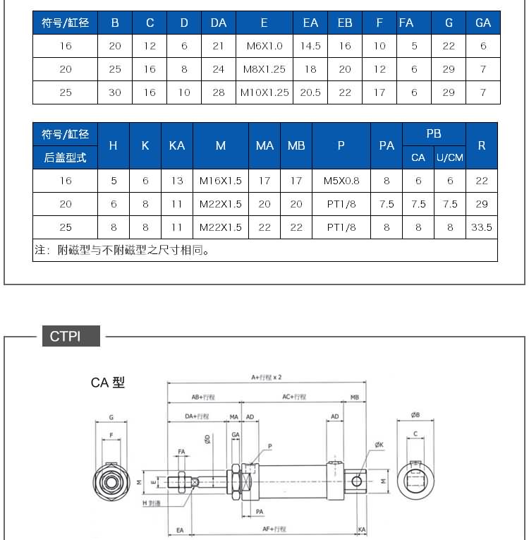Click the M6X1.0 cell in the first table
coord(264,46)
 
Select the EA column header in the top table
coord(310,23)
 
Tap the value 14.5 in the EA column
coord(310,46)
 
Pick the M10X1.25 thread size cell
coord(264,92)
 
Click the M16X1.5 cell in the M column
coord(221,181)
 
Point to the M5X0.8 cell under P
coord(341,181)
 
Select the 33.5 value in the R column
coord(482,227)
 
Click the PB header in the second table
coord(434,133)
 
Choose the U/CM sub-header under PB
coord(450,157)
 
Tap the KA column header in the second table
coord(177,145)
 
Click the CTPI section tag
coord(66,336)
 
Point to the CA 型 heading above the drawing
coord(108,383)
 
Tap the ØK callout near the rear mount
coord(379,445)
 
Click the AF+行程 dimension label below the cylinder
coord(274,529)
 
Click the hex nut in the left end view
coord(111,482)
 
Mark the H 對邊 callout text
coord(152,503)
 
